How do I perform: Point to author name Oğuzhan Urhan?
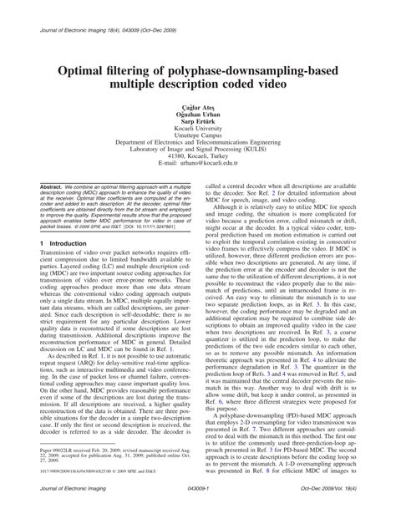[197, 115]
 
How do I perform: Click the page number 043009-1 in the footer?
[197, 501]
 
